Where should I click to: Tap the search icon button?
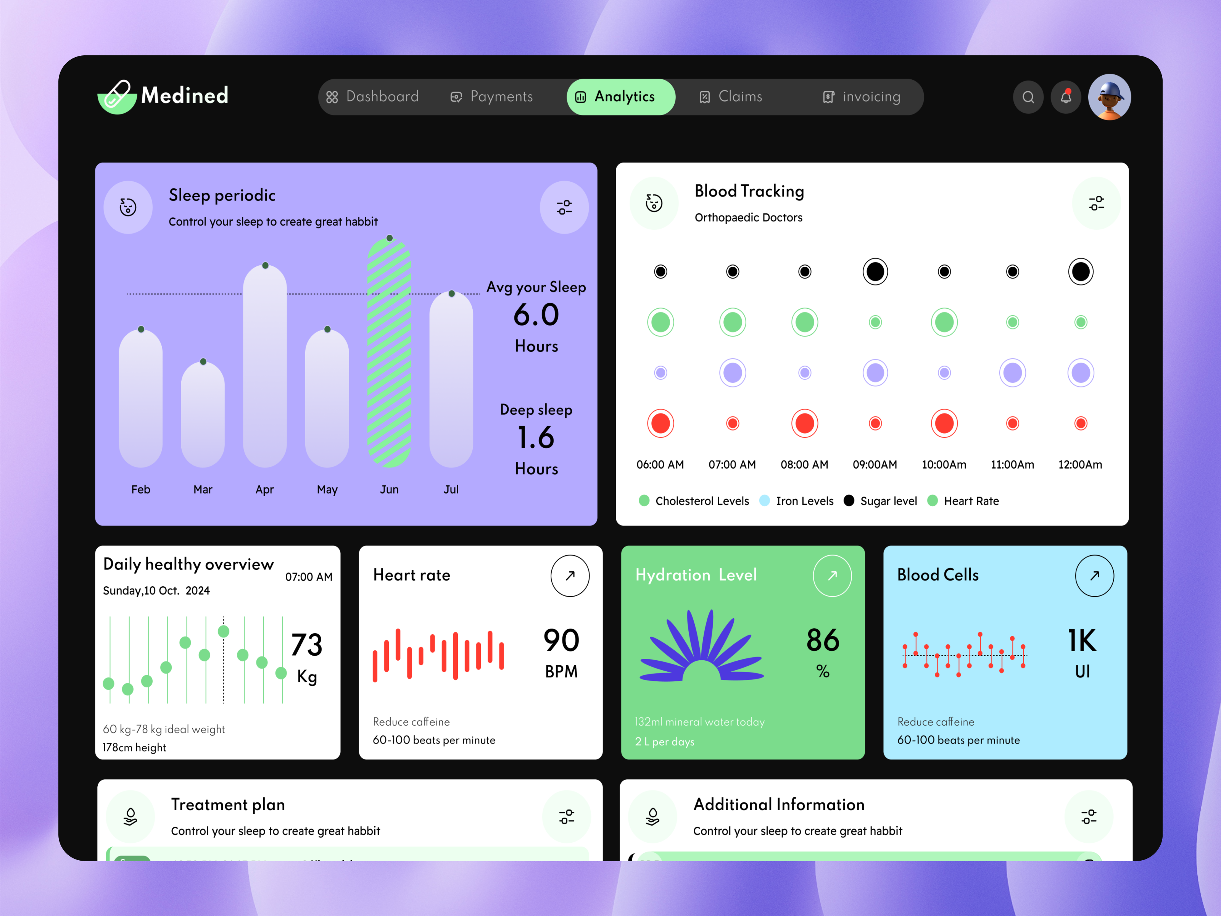pyautogui.click(x=1028, y=98)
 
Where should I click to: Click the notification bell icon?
pyautogui.click(x=1065, y=98)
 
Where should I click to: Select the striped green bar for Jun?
pyautogui.click(x=389, y=353)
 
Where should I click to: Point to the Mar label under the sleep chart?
pyautogui.click(x=203, y=489)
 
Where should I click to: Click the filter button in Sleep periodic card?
pyautogui.click(x=564, y=208)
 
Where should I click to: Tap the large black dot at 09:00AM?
pyautogui.click(x=875, y=272)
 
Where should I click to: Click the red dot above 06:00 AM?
pyautogui.click(x=660, y=424)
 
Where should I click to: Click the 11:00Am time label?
pyautogui.click(x=1012, y=464)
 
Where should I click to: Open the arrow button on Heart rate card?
pyautogui.click(x=570, y=575)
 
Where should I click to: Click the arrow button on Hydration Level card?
pyautogui.click(x=832, y=575)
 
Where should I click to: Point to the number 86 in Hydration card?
pyautogui.click(x=823, y=640)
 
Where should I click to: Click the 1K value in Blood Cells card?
pyautogui.click(x=1081, y=640)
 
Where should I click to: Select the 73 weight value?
pyautogui.click(x=306, y=644)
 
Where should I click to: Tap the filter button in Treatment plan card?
pyautogui.click(x=566, y=817)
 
